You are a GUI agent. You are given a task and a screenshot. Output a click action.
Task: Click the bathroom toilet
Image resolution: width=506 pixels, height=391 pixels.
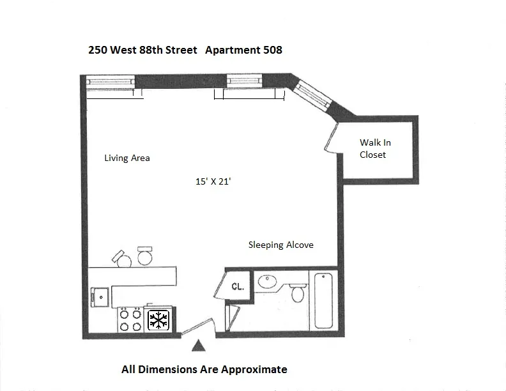tap(297, 294)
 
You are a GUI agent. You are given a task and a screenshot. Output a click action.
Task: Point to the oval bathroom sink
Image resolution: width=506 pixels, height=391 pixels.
tap(267, 281)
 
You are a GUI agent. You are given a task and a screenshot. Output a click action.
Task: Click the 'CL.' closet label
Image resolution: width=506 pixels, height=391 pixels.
tap(238, 287)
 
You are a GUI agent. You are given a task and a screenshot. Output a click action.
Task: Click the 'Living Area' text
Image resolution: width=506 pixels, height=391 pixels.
tap(127, 158)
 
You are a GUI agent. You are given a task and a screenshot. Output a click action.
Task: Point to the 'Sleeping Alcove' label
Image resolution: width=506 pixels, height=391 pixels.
tap(280, 245)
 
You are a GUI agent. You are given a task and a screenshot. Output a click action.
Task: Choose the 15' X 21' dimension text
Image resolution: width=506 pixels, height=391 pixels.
tap(213, 181)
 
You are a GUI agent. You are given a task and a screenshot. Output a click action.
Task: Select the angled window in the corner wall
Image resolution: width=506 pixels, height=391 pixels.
tap(315, 96)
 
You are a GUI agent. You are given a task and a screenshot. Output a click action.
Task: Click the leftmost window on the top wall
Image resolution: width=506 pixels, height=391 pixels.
tap(110, 81)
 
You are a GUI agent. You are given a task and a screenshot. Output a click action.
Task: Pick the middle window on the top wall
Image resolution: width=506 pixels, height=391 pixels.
tap(246, 81)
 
